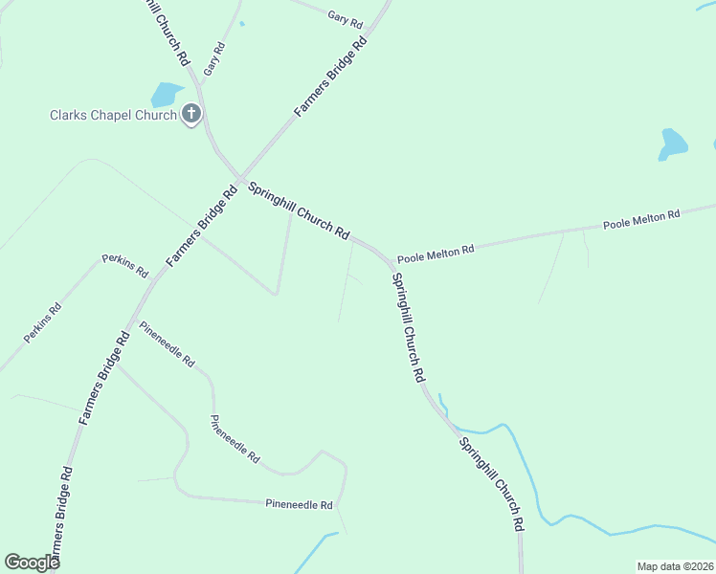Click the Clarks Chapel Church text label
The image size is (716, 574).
(x=113, y=116)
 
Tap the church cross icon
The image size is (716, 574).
(x=191, y=115)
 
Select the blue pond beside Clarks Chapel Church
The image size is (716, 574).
(x=165, y=94)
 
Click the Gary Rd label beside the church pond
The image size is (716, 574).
(x=213, y=59)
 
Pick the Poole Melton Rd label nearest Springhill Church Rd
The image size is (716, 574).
(x=436, y=254)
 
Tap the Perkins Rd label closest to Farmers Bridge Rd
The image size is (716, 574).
(x=125, y=266)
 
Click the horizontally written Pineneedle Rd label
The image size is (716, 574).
(x=299, y=504)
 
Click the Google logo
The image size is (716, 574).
(x=32, y=562)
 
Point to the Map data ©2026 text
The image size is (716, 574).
(x=675, y=566)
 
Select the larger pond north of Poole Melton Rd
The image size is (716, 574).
(x=673, y=143)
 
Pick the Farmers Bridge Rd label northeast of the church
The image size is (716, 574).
(x=331, y=77)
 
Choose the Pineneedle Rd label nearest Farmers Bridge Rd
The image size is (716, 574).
(x=167, y=344)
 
